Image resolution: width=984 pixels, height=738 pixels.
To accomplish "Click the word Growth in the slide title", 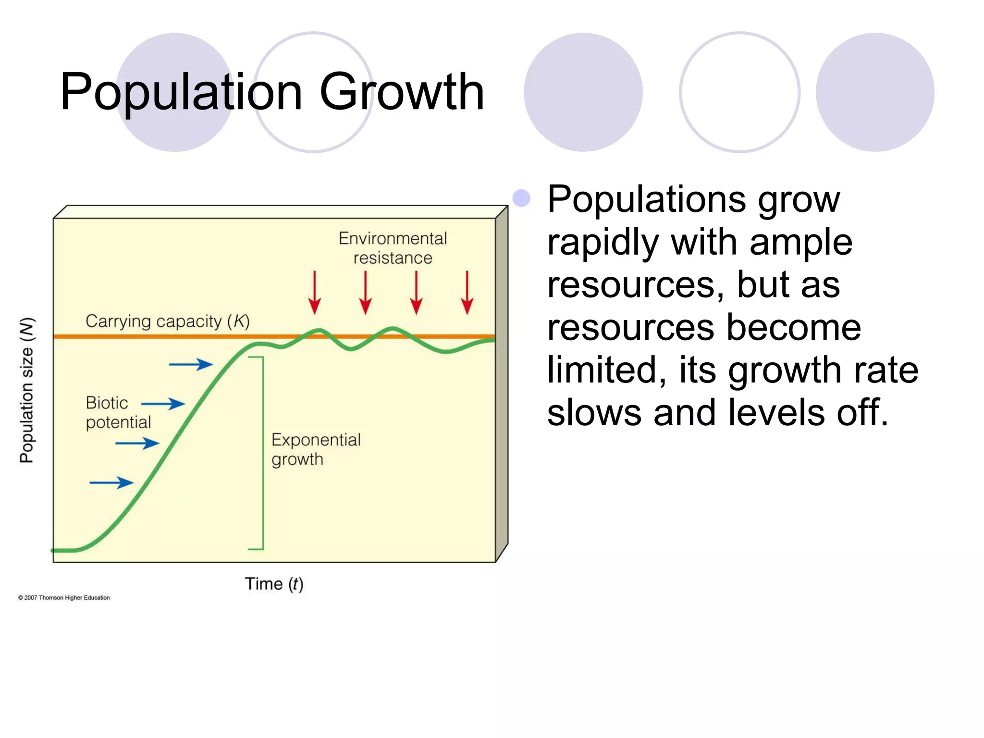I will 402,92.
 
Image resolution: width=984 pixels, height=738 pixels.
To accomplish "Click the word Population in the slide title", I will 181,92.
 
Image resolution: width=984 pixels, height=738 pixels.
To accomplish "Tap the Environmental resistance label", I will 393,248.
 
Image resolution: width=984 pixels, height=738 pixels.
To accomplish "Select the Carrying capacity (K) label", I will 168,321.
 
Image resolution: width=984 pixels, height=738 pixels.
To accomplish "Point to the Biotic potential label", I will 118,412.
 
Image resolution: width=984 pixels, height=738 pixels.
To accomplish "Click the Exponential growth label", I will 316,449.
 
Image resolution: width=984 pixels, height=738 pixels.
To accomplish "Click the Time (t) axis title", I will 274,584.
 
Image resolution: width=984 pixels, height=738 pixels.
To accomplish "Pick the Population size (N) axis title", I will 27,390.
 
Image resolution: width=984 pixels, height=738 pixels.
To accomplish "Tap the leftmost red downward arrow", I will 315,293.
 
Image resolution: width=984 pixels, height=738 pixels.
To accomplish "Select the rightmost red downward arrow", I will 467,293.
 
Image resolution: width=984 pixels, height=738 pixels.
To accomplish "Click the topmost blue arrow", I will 191,365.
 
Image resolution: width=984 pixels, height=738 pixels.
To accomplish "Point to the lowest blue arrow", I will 111,482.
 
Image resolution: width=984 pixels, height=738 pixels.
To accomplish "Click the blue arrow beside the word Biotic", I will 163,404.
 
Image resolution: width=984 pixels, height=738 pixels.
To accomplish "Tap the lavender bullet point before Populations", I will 521,198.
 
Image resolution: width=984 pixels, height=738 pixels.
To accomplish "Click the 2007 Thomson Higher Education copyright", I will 64,598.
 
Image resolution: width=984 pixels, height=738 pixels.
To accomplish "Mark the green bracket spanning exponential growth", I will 262,453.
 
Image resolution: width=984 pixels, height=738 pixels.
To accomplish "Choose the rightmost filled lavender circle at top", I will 875,92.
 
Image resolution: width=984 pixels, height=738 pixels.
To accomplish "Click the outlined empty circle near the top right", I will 739,92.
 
